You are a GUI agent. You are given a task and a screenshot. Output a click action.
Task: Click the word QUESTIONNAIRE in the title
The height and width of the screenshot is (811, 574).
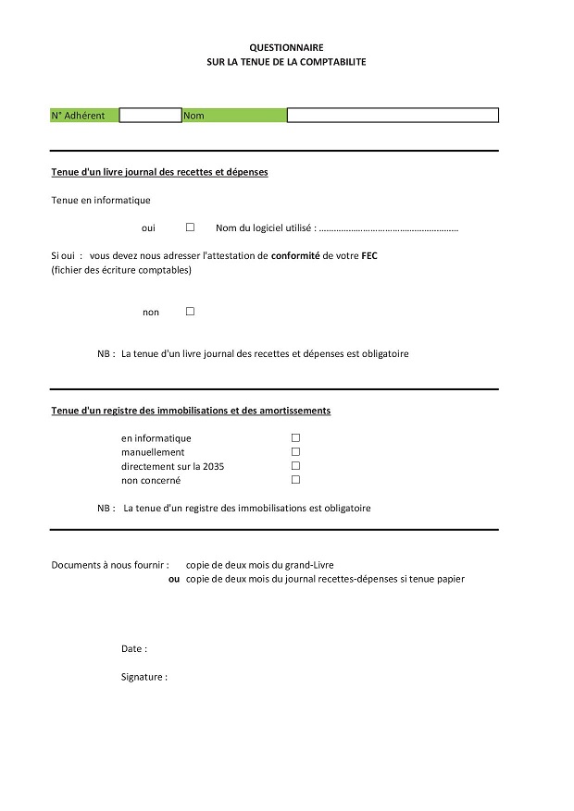287,46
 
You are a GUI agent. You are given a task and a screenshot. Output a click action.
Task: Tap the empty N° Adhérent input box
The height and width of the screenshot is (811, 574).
150,116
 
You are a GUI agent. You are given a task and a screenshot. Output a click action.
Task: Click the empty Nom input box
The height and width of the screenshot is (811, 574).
393,116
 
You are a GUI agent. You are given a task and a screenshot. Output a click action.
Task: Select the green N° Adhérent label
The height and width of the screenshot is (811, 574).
84,116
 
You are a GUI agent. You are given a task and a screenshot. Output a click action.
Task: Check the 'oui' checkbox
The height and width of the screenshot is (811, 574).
190,227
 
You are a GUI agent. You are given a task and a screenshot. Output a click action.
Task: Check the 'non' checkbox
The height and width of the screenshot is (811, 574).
190,312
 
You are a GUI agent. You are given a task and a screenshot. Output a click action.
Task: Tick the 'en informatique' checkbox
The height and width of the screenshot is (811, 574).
296,437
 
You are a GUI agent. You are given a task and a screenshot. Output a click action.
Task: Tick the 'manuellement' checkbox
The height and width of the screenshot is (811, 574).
296,452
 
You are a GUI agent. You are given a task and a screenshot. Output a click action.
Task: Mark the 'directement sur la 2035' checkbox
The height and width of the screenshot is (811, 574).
296,466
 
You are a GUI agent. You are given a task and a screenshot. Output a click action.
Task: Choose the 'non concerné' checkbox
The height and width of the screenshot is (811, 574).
296,480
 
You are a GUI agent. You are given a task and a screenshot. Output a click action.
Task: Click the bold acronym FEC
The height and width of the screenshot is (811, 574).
369,256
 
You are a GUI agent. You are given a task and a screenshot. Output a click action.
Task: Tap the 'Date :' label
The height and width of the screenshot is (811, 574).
134,649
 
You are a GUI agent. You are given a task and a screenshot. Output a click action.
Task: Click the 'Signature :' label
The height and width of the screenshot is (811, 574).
144,677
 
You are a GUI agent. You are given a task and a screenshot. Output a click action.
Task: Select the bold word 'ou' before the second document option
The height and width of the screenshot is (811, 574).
174,579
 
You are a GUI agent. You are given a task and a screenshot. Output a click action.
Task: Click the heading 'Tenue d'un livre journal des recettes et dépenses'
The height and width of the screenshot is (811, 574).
159,172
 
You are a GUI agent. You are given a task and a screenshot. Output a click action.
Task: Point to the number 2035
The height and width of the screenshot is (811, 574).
214,466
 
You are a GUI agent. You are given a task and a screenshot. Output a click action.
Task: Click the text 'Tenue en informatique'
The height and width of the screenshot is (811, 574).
101,200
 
